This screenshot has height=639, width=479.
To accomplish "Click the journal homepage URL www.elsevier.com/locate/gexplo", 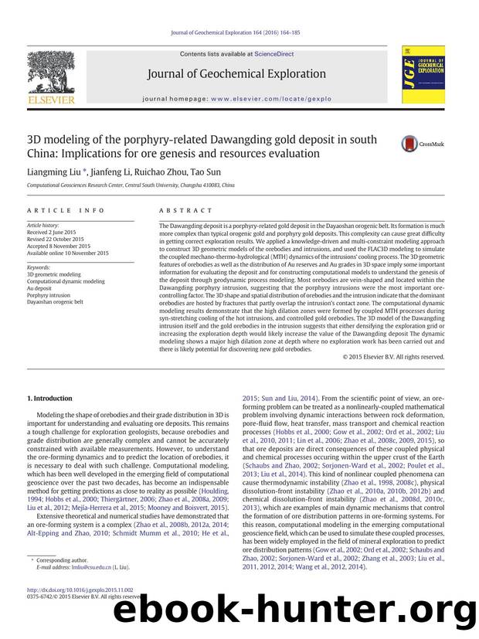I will tap(282, 99).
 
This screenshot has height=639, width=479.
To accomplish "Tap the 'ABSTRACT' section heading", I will tap(185, 210).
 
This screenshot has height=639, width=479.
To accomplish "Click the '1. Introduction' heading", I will tap(49, 399).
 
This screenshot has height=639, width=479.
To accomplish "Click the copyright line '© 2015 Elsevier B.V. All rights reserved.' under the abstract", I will tap(394, 356).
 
